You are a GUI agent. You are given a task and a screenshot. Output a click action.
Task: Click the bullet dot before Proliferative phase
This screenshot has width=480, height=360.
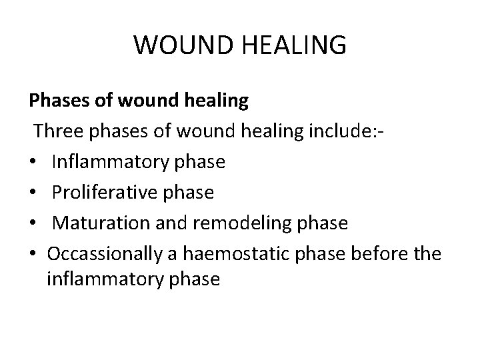tap(33, 193)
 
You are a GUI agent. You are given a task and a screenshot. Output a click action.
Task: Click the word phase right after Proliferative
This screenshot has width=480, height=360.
tap(191, 193)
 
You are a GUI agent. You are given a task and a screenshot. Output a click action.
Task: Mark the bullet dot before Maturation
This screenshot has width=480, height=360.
tap(33, 223)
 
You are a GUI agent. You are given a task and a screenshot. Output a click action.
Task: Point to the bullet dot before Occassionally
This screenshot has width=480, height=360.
tap(33, 254)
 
